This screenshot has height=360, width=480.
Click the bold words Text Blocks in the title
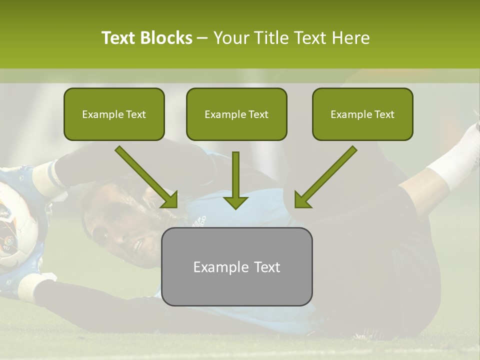[x=146, y=38]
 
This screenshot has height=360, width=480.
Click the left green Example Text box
[x=114, y=114]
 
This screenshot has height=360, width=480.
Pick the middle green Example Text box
[x=236, y=114]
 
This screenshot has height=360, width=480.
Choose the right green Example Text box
[x=362, y=114]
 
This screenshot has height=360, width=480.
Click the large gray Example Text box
[x=236, y=266]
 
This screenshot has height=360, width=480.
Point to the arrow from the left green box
[x=146, y=176]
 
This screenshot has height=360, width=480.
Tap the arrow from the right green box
[x=326, y=176]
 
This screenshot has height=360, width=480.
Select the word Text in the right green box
[x=384, y=114]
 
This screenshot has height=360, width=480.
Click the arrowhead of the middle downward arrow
[x=235, y=201]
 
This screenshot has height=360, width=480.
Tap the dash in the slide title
[x=202, y=38]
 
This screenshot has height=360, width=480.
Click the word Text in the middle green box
[x=258, y=114]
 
